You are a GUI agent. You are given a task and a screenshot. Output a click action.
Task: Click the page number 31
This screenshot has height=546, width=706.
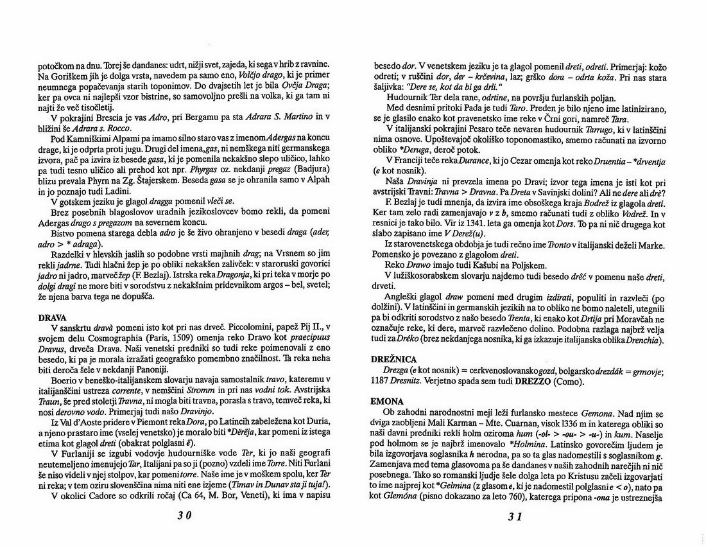(519, 516)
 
